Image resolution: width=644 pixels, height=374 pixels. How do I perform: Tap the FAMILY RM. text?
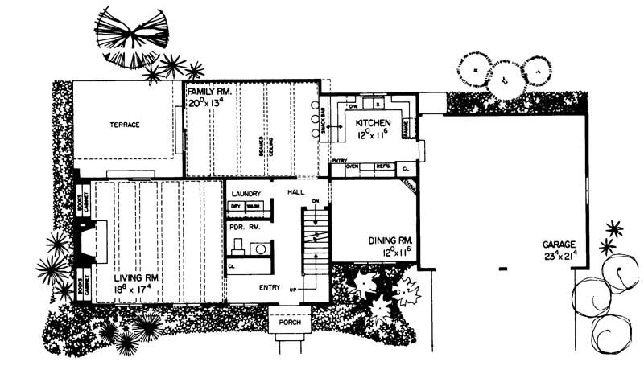click(211, 92)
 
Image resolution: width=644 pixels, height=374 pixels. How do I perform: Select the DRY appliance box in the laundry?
click(236, 207)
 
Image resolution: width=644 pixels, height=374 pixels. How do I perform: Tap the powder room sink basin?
click(262, 249)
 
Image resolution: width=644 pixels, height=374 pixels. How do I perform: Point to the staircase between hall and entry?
click(316, 240)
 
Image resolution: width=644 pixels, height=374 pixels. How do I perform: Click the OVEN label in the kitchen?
click(352, 167)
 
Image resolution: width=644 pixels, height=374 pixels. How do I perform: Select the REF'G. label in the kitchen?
click(382, 167)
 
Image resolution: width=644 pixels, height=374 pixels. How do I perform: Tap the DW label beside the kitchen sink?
click(353, 106)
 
